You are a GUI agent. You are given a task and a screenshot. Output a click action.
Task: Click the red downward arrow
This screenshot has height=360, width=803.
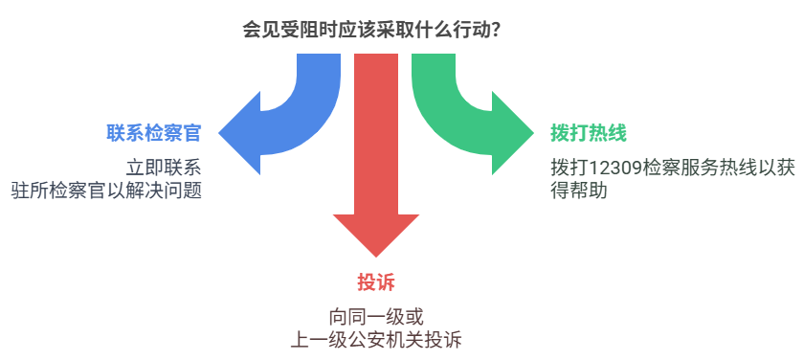click(x=375, y=144)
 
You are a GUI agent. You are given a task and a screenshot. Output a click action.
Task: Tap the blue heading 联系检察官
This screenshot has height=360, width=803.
click(x=154, y=133)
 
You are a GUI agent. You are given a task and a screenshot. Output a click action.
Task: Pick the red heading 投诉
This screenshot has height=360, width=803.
click(x=375, y=282)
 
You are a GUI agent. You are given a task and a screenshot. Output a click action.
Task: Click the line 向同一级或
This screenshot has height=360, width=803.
click(x=375, y=315)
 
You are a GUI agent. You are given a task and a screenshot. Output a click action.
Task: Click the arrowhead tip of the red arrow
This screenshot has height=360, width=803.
click(x=375, y=255)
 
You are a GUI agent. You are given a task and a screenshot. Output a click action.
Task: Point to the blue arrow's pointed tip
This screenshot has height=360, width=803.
click(x=220, y=131)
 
